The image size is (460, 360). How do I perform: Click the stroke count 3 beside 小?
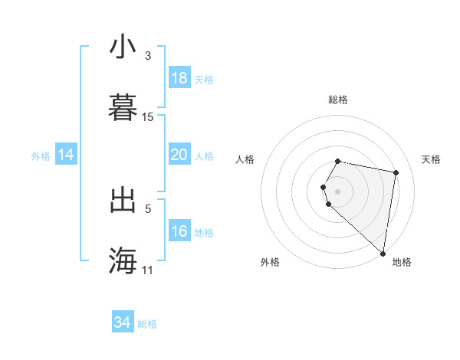tap(148, 56)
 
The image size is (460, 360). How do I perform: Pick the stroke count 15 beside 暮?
tap(148, 117)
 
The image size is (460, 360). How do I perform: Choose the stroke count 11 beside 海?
tap(148, 270)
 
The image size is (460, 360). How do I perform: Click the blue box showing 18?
tap(179, 78)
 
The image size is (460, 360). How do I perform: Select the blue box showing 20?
tap(179, 155)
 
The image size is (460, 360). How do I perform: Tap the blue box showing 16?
tap(179, 231)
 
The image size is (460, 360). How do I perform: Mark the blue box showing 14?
tap(66, 155)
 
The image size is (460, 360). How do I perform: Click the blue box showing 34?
tap(123, 322)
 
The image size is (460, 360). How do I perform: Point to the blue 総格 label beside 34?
tap(147, 324)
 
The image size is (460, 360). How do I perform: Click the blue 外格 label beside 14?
tap(41, 156)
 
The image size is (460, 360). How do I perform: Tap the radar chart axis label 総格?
tap(338, 100)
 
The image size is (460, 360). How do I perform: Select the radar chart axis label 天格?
tap(431, 159)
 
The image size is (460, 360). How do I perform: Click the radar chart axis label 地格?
tap(402, 262)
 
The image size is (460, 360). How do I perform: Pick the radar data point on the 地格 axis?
tap(383, 253)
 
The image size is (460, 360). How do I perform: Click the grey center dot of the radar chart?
tap(338, 191)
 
